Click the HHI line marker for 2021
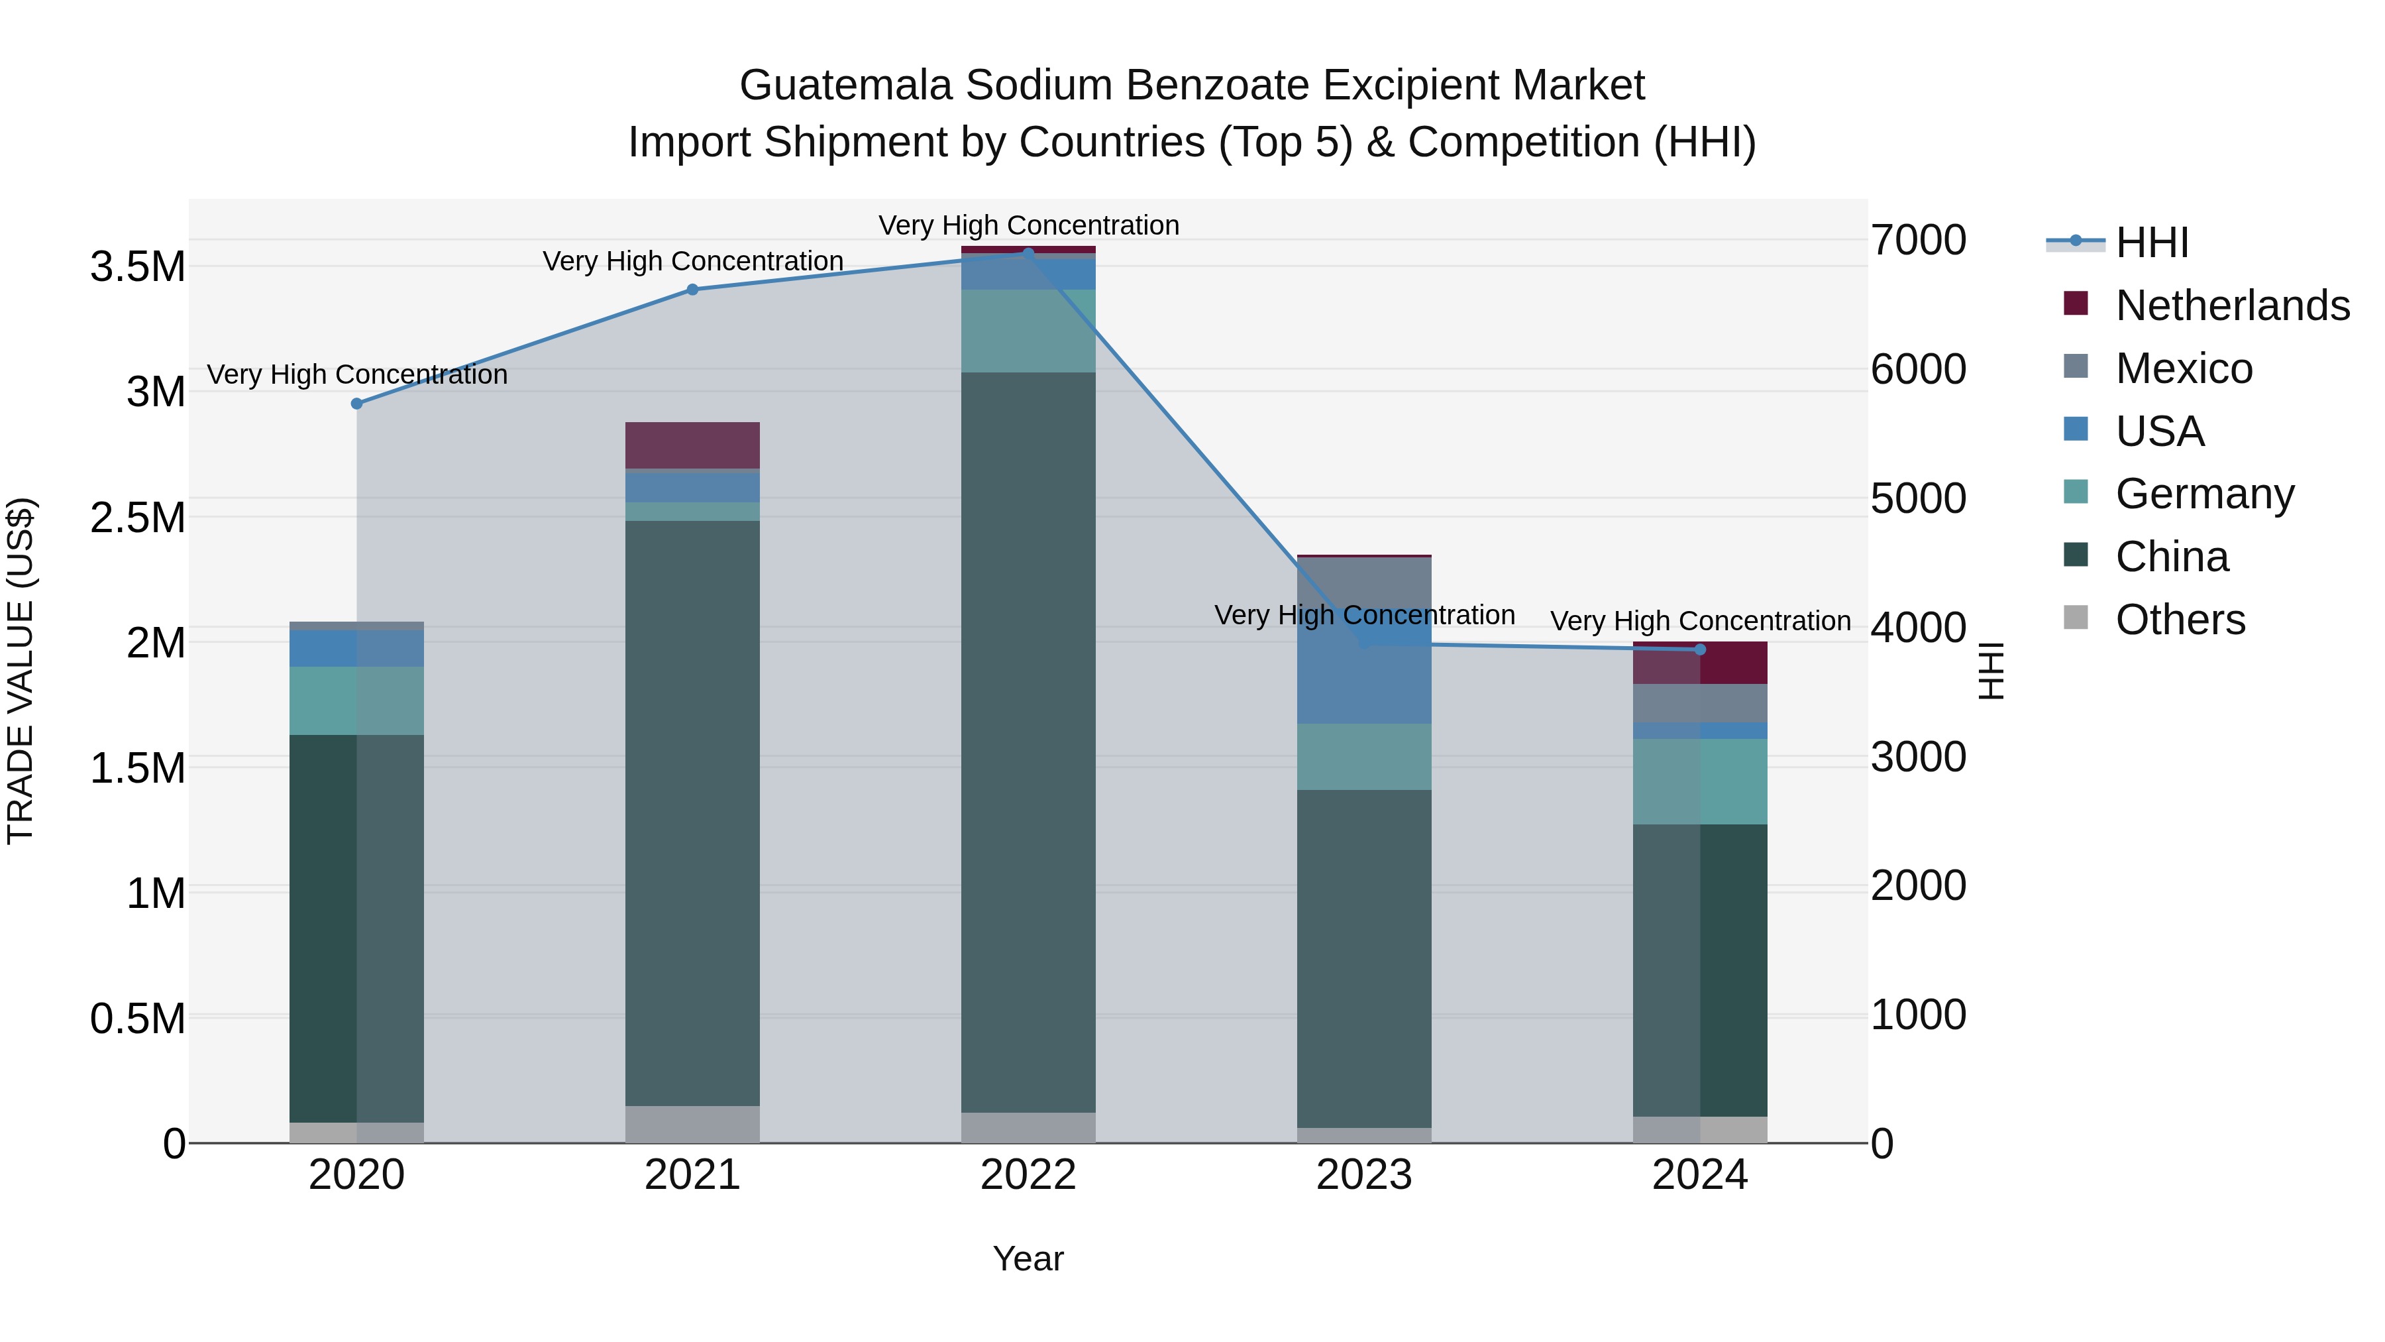point(692,289)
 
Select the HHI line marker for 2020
point(356,403)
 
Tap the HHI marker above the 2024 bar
point(1700,649)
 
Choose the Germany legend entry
point(2204,494)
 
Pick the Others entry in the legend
point(2180,620)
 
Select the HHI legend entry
point(2152,243)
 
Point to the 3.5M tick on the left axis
point(138,266)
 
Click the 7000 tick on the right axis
point(1919,240)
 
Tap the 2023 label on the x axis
point(1364,1175)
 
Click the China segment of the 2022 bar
point(1028,741)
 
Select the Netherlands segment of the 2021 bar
point(692,445)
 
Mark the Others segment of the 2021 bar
point(692,1123)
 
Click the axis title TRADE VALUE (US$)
point(21,671)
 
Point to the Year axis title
point(1028,1258)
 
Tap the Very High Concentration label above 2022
point(1028,225)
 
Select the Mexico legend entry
point(2183,368)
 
